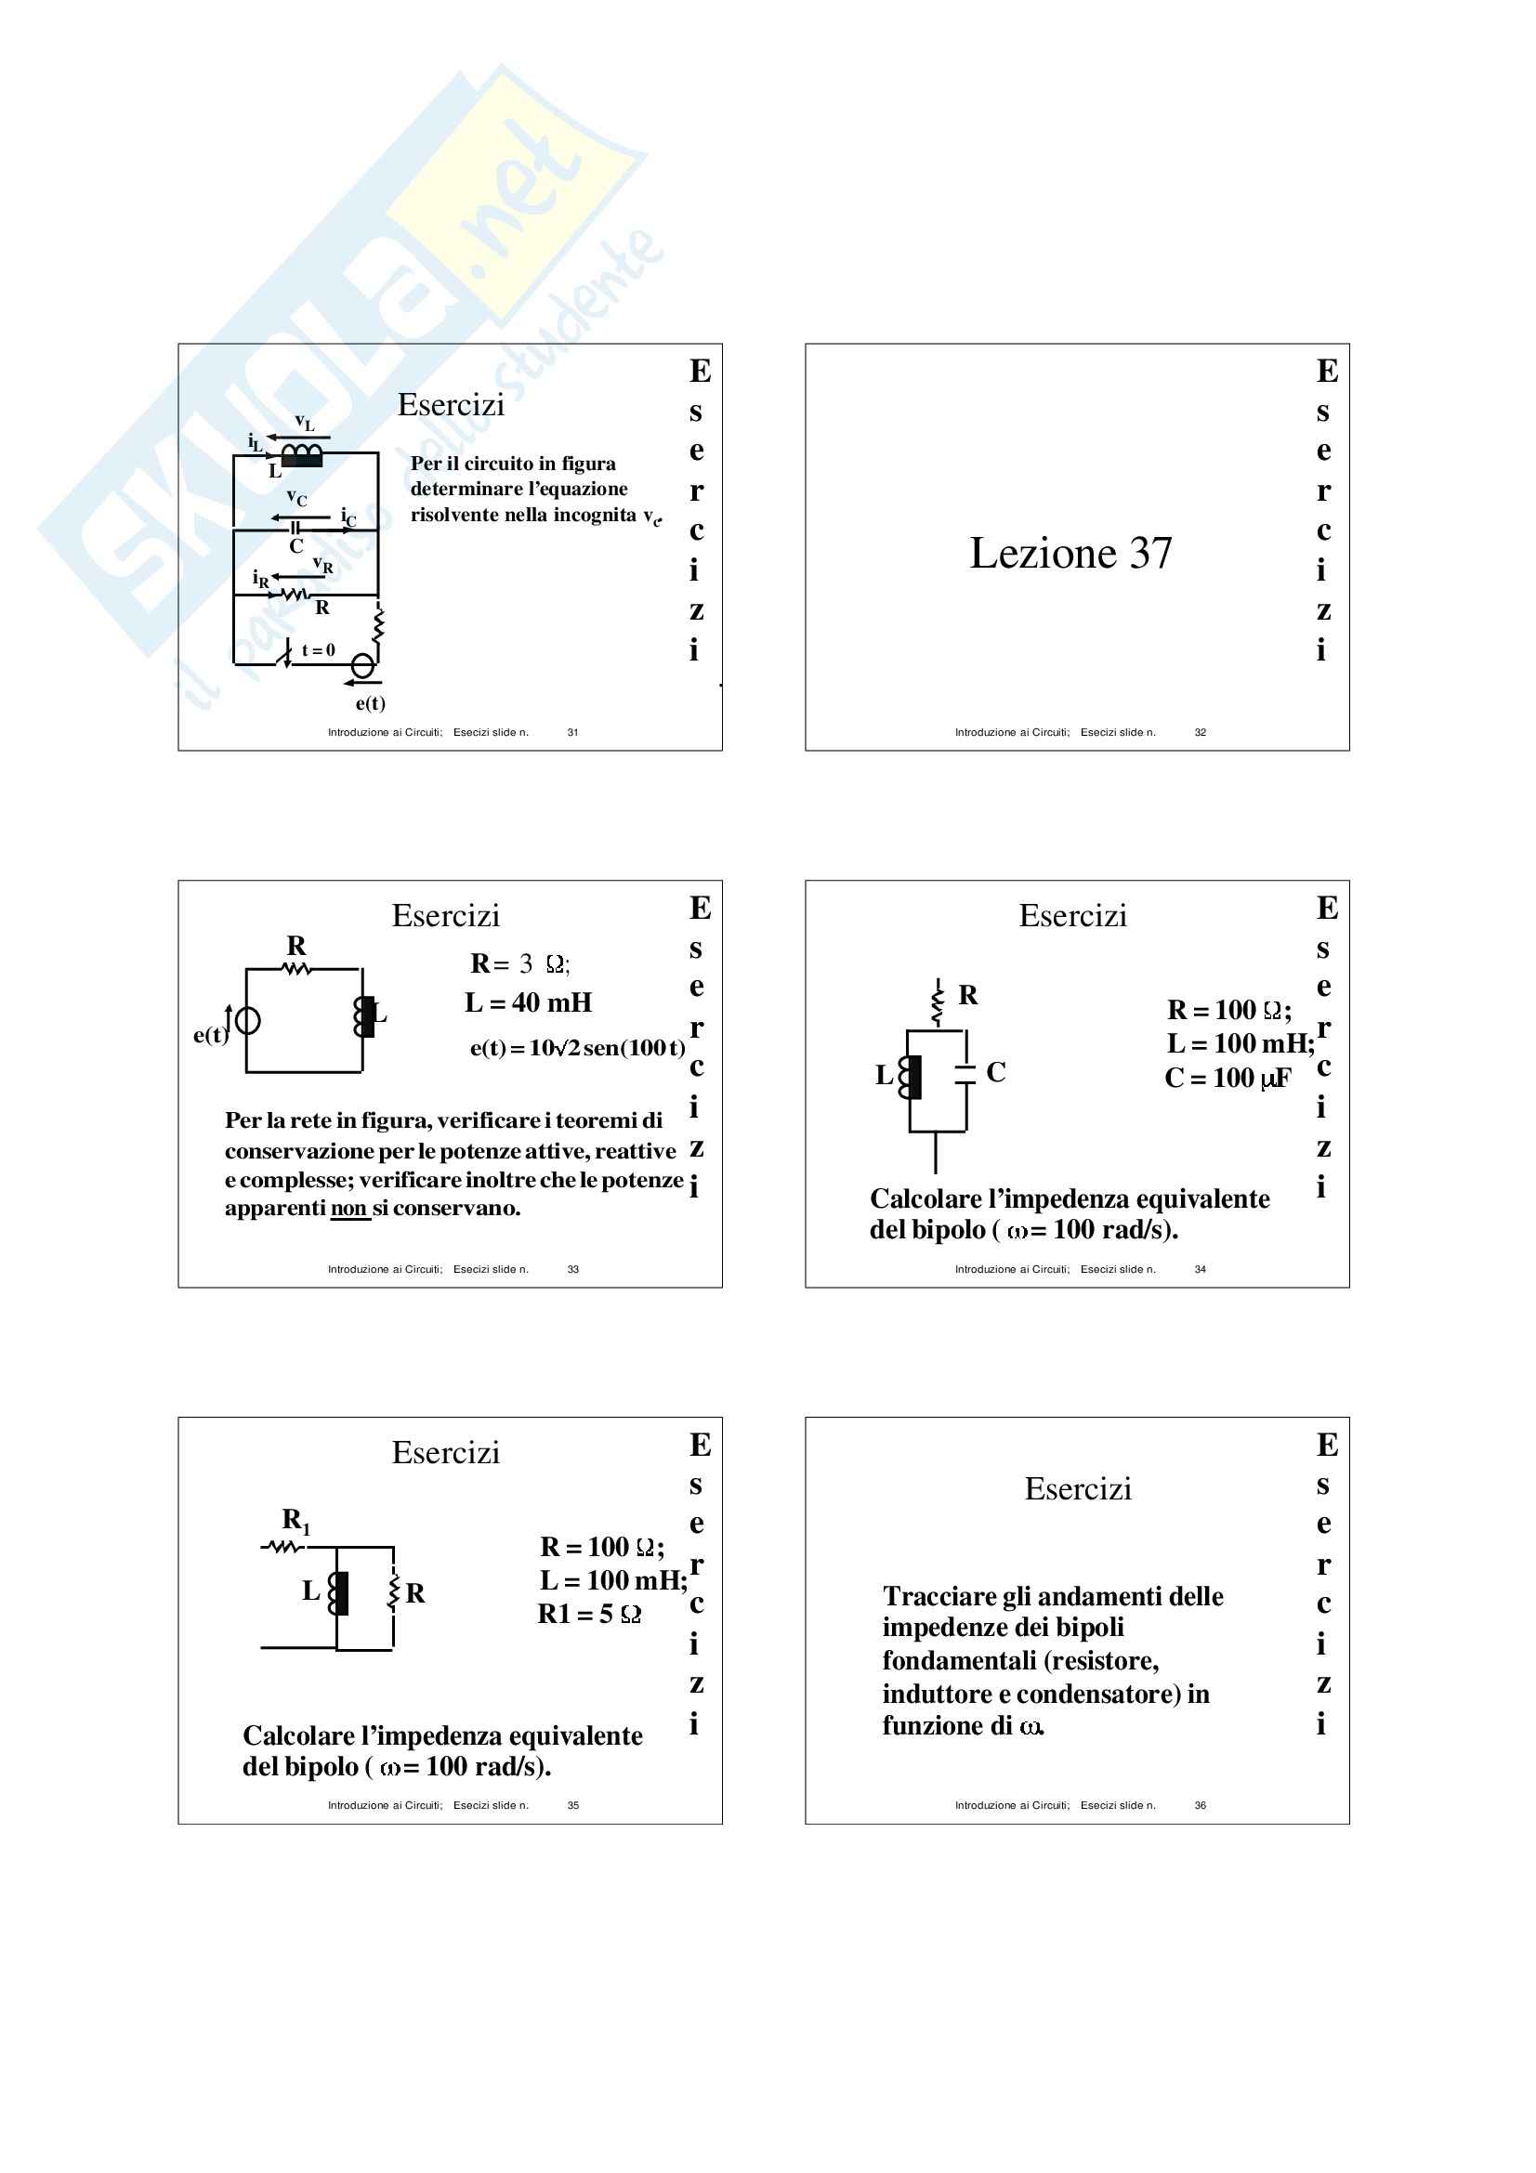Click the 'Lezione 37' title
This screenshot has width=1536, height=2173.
click(1070, 554)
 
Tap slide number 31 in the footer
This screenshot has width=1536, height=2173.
click(572, 731)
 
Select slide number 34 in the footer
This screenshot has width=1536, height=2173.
click(1199, 1269)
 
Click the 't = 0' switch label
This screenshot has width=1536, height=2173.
click(318, 650)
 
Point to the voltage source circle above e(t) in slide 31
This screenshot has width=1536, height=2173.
click(362, 665)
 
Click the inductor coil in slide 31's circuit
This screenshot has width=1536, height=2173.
click(302, 455)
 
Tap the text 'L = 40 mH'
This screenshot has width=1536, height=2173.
click(528, 1002)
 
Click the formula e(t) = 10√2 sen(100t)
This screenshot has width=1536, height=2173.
click(577, 1048)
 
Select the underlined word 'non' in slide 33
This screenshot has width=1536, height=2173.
click(348, 1209)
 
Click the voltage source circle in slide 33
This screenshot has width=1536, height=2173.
click(248, 1020)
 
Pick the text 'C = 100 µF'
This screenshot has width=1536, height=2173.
click(1227, 1078)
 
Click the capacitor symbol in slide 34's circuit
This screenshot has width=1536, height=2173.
click(965, 1073)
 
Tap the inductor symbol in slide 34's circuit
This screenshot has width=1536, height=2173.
click(911, 1077)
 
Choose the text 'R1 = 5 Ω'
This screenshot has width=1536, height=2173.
click(588, 1614)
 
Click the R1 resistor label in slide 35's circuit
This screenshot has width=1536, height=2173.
click(296, 1521)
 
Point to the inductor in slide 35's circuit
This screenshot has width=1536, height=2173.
click(338, 1594)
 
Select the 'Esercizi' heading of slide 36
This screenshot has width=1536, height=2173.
click(1078, 1488)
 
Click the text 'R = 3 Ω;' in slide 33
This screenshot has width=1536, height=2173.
click(519, 963)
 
